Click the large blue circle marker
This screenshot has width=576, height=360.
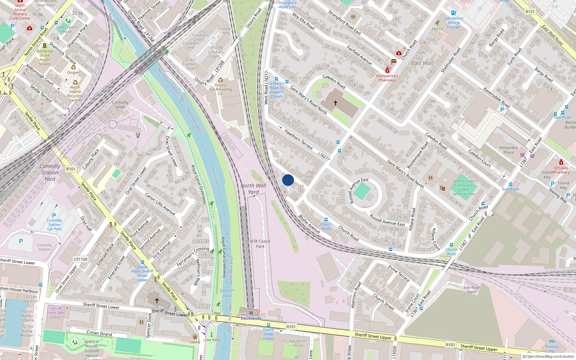click(x=288, y=180)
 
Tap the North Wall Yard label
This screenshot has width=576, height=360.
click(x=253, y=189)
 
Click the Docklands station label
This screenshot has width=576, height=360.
click(x=251, y=318)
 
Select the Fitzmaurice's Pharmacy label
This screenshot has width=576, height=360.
click(x=387, y=78)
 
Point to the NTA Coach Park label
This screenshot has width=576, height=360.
click(x=260, y=244)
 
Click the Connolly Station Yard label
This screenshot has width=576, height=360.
click(x=50, y=172)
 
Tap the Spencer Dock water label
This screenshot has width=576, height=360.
click(x=227, y=293)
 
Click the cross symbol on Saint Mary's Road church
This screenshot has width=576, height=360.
click(x=336, y=103)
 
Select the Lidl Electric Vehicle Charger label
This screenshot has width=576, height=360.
click(x=454, y=23)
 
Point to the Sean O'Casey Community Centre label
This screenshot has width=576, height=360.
click(x=464, y=187)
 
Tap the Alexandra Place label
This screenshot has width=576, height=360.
click(x=508, y=150)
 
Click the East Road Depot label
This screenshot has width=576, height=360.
click(x=471, y=290)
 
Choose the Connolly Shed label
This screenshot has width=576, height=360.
click(x=120, y=105)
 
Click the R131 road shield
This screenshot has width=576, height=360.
click(x=530, y=12)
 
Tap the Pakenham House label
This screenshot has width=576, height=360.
click(x=298, y=343)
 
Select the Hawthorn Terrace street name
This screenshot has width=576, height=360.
click(x=298, y=139)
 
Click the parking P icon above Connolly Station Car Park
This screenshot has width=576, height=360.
click(x=54, y=216)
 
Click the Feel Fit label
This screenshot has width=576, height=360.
click(x=437, y=29)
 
